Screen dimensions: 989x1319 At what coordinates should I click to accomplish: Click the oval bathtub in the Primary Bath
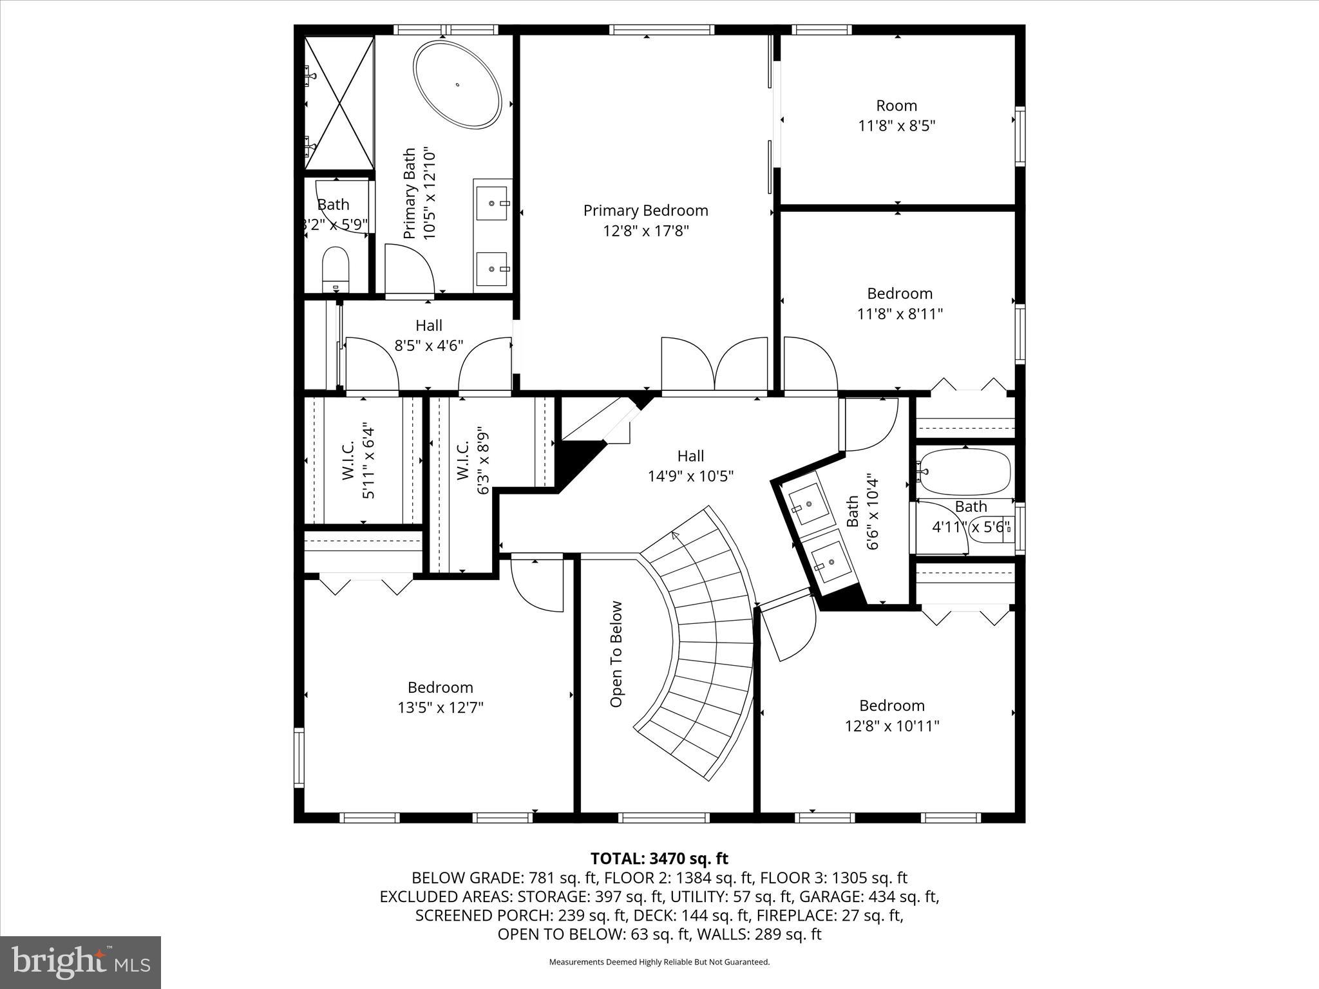[x=457, y=84]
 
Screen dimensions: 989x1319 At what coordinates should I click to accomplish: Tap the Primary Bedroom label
[x=645, y=211]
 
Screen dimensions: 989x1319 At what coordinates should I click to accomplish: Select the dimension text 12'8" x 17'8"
[x=645, y=231]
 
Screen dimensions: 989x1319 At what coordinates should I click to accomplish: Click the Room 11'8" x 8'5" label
[x=897, y=115]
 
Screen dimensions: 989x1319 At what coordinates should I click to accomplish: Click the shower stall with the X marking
[x=339, y=103]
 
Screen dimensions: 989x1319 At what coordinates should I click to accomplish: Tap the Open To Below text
[x=616, y=654]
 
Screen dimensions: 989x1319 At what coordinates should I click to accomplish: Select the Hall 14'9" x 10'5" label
[x=690, y=466]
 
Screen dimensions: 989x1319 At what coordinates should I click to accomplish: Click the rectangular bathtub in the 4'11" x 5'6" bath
[x=965, y=471]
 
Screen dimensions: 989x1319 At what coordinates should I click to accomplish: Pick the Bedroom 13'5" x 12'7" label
[x=440, y=697]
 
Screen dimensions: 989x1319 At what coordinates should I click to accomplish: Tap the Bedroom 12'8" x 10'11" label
[x=891, y=715]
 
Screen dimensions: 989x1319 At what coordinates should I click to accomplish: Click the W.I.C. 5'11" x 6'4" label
[x=358, y=460]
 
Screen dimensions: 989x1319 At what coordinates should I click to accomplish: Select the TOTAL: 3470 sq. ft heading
[x=659, y=858]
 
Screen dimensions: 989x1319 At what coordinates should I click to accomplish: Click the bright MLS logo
[x=81, y=962]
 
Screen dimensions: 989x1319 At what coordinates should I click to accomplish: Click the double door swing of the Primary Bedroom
[x=715, y=364]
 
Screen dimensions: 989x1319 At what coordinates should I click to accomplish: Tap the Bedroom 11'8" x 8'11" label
[x=899, y=303]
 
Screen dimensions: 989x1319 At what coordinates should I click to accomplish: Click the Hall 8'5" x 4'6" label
[x=428, y=335]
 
